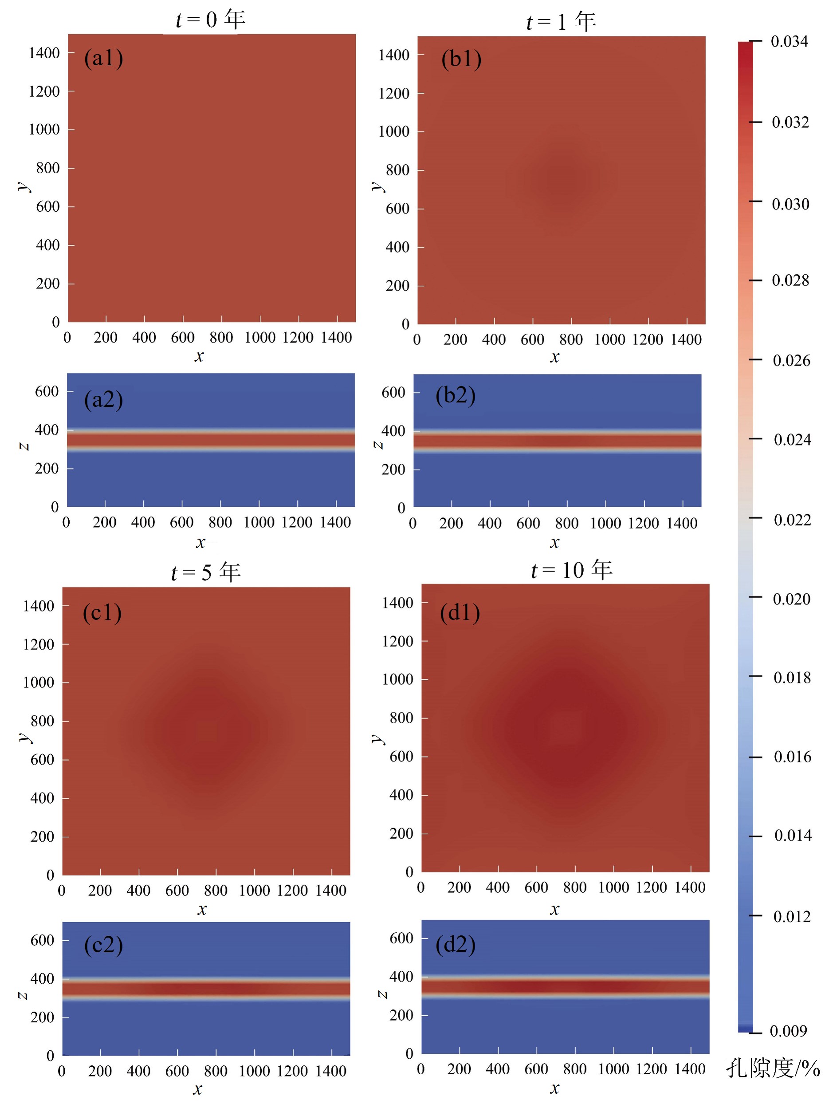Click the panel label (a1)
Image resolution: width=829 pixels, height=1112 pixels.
pos(103,58)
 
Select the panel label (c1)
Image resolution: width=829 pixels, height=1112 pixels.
pos(102,612)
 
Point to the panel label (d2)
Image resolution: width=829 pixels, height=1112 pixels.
pos(455,944)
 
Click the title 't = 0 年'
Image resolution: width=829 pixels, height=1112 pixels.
pos(210,20)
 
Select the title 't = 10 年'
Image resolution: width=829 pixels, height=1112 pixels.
pos(572,570)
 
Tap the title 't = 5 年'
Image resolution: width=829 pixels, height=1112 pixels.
pos(206,572)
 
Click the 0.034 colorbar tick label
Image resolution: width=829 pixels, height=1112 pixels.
pos(790,41)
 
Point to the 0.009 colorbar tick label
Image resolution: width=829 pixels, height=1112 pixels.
pos(788,1031)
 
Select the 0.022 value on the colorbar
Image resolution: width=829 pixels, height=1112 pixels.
pos(792,520)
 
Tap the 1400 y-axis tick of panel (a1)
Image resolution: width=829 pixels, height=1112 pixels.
pos(44,53)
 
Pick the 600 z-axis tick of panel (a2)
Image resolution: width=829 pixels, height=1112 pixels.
pos(47,391)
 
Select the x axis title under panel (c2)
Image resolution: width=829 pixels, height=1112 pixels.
pos(198,1089)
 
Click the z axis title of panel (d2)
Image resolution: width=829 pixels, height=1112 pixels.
pos(382,994)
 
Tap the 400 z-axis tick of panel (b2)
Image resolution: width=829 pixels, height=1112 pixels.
pos(393,431)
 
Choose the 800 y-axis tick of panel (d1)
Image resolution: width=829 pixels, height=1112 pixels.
pos(401,718)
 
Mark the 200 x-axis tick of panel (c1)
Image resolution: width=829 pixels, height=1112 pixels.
pos(100,891)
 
